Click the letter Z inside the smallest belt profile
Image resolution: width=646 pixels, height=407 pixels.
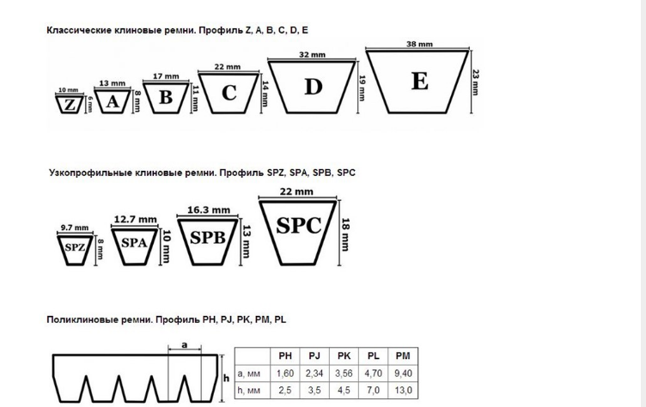pyautogui.click(x=68, y=105)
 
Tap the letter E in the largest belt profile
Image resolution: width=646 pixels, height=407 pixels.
pyautogui.click(x=419, y=82)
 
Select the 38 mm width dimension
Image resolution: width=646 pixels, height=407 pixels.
pyautogui.click(x=418, y=45)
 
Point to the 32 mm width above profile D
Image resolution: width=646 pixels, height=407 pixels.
pyautogui.click(x=312, y=54)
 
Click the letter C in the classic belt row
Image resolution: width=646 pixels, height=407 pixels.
pyautogui.click(x=229, y=93)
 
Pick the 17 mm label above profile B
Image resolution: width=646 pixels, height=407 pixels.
pyautogui.click(x=166, y=76)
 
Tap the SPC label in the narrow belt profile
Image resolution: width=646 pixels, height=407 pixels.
pyautogui.click(x=299, y=226)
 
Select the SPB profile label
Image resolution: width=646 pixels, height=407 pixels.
pyautogui.click(x=207, y=238)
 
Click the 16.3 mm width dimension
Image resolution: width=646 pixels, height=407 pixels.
pyautogui.click(x=208, y=210)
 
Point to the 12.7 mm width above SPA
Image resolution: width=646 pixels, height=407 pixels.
pyautogui.click(x=135, y=220)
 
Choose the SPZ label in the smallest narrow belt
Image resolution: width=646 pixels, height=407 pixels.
pyautogui.click(x=76, y=246)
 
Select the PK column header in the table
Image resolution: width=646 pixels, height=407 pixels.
pyautogui.click(x=344, y=355)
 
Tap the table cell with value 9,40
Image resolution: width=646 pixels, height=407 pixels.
pyautogui.click(x=402, y=374)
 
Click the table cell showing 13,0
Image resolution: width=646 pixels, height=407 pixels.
pyautogui.click(x=402, y=391)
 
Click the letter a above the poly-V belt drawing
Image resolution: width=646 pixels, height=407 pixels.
pyautogui.click(x=185, y=343)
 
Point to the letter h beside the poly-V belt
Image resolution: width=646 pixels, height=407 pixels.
pyautogui.click(x=226, y=378)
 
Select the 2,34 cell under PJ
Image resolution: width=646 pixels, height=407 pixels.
pyautogui.click(x=314, y=374)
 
